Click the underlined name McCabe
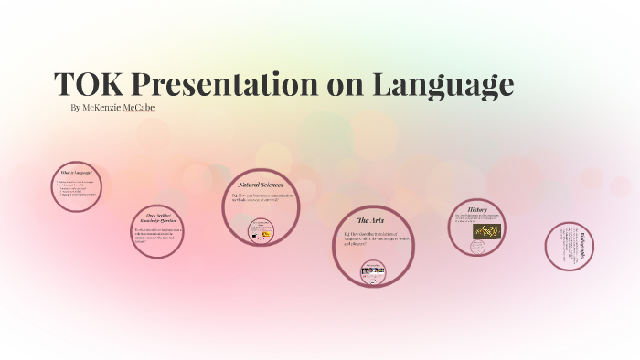click(139, 108)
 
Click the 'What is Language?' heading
click(76, 173)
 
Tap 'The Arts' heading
click(370, 221)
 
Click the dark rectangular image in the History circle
click(484, 232)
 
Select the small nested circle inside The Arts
click(373, 271)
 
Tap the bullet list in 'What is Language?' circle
click(76, 190)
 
